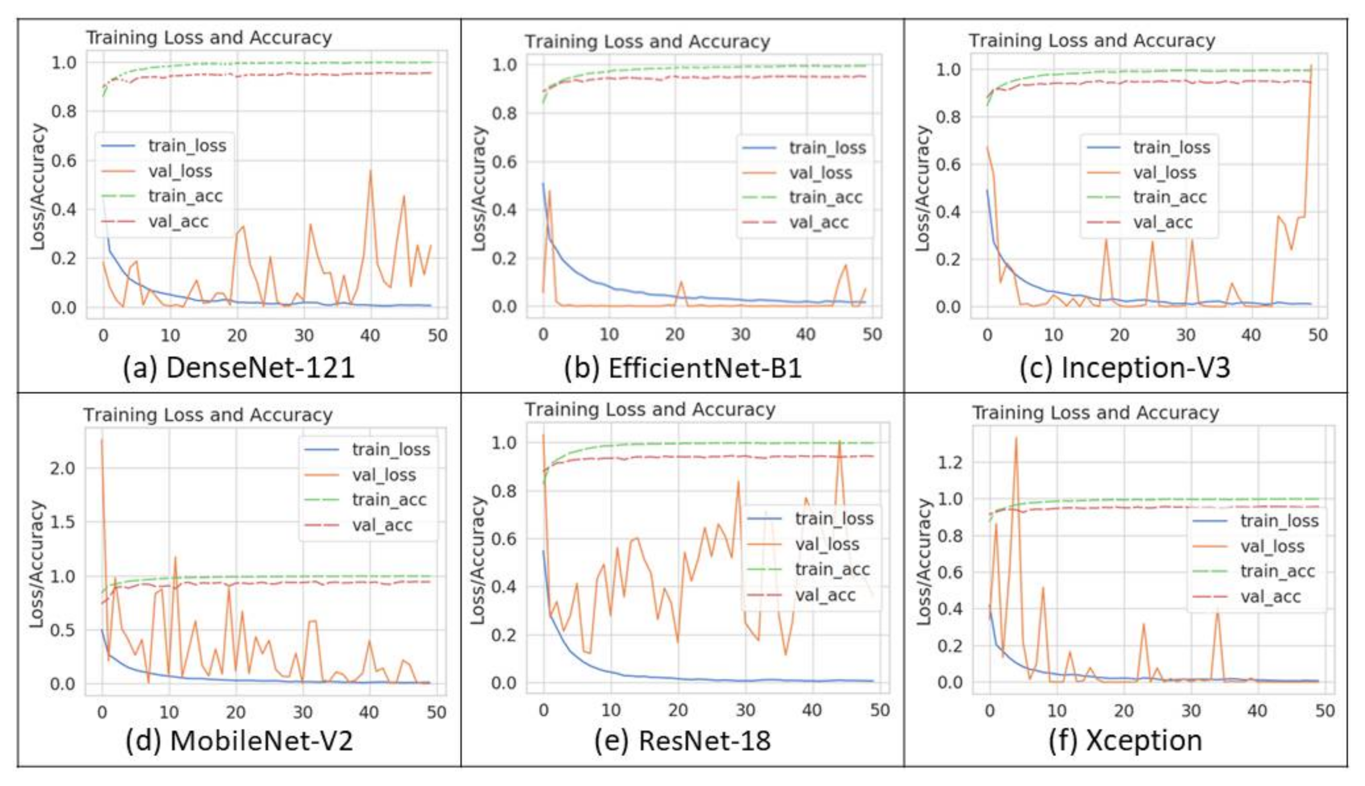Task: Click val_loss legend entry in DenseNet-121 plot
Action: coord(180,172)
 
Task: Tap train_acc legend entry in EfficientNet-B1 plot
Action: coord(825,198)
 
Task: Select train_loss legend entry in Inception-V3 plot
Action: coord(1171,148)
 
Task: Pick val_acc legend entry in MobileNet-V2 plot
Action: coord(382,525)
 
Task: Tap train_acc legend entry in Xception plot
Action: coord(1277,571)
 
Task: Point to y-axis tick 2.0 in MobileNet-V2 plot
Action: coord(63,468)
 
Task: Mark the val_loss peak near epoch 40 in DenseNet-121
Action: coord(370,172)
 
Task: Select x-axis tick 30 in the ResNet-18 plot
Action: coord(746,710)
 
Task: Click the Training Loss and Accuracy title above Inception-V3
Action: coord(1091,40)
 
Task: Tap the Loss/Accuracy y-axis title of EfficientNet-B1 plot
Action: coord(479,189)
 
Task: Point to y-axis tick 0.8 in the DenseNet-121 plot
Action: coord(64,112)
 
